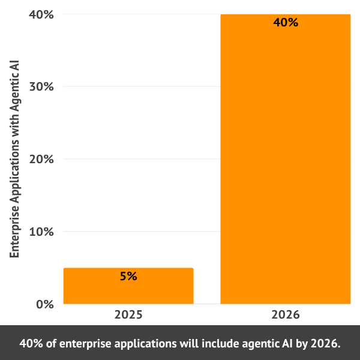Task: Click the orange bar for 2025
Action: (x=128, y=286)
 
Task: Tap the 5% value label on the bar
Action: (x=128, y=277)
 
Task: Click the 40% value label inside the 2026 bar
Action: (x=285, y=23)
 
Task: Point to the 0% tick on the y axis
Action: (x=42, y=304)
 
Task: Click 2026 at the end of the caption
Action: (x=326, y=344)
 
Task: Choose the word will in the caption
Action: (x=188, y=344)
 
